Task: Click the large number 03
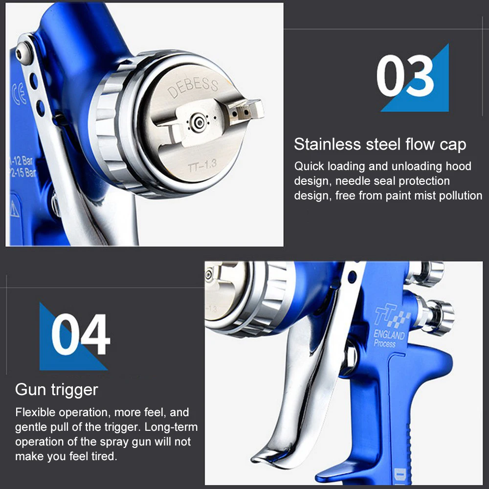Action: [405, 77]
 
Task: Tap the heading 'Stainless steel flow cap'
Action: [380, 145]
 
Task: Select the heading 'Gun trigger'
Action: [56, 390]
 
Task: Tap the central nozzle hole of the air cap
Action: [198, 120]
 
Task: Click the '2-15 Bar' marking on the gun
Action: [23, 173]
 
